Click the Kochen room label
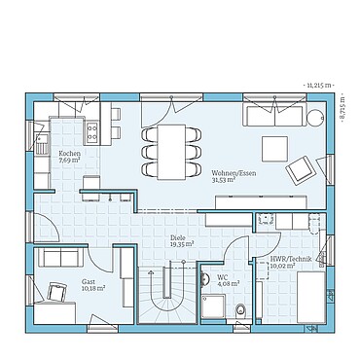69,154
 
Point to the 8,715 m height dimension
346,108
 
